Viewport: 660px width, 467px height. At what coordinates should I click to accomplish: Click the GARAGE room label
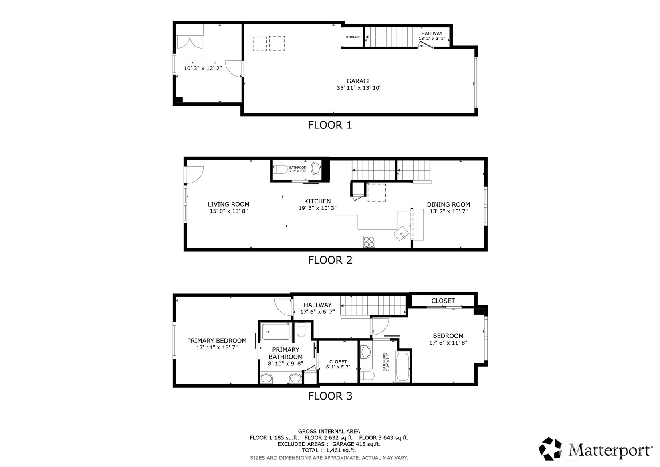[x=359, y=81]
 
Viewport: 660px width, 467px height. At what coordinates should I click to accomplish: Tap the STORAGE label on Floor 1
[x=353, y=37]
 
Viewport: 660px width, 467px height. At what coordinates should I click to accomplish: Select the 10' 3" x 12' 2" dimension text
[x=203, y=69]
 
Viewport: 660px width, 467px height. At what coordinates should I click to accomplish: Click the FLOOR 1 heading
[x=330, y=125]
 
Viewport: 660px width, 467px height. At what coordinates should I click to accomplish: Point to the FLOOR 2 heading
[x=330, y=260]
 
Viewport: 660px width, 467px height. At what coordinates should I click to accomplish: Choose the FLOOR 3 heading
[x=330, y=396]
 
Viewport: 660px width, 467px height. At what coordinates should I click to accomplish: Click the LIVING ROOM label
[x=229, y=204]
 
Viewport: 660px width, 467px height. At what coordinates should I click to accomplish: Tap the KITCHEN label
[x=317, y=201]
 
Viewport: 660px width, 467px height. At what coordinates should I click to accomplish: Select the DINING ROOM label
[x=448, y=205]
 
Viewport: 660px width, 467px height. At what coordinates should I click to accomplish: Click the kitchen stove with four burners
[x=369, y=242]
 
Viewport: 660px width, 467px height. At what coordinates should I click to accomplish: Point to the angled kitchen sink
[x=401, y=233]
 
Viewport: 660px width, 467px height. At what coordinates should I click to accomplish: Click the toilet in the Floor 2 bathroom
[x=280, y=169]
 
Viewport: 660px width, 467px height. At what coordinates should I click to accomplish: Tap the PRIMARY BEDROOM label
[x=217, y=341]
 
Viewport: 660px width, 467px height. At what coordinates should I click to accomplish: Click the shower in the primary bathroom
[x=276, y=331]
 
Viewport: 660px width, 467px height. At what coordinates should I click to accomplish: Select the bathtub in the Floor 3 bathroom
[x=402, y=367]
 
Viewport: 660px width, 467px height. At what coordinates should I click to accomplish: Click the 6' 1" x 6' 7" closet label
[x=338, y=367]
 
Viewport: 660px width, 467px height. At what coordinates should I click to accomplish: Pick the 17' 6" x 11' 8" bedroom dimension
[x=448, y=343]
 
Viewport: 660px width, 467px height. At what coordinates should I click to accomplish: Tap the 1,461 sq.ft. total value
[x=341, y=450]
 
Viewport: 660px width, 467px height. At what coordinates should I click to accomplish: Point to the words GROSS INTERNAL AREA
[x=329, y=432]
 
